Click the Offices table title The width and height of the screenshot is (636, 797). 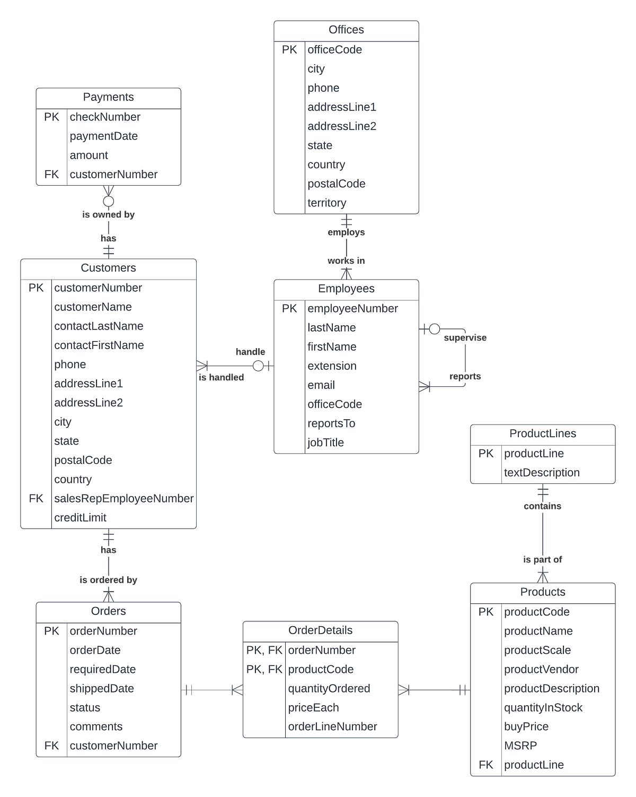coord(346,30)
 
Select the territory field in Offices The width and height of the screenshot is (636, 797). coord(326,203)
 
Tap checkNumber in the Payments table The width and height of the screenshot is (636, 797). coord(105,117)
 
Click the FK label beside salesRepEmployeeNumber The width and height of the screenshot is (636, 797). coord(36,498)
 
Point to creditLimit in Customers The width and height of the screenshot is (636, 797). coord(80,517)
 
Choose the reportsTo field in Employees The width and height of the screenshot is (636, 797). coord(331,423)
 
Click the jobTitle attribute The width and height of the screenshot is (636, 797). coord(325,443)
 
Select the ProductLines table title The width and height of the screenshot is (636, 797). coord(543,434)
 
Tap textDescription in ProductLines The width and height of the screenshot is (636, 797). coord(542,472)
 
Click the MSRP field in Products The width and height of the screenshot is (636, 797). coord(520,746)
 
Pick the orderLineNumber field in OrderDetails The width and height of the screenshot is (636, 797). coord(332,726)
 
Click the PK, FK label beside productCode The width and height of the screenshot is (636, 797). coord(264,669)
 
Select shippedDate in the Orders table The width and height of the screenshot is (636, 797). coord(102,688)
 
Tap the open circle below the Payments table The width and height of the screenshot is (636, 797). coord(108,201)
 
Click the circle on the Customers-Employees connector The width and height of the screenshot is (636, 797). coord(258,366)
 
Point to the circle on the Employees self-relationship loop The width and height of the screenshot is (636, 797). coord(434,329)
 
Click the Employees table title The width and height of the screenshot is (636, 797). coord(346,289)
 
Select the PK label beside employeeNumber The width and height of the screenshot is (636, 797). coord(289,308)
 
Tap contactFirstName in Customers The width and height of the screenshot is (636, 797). coord(99,345)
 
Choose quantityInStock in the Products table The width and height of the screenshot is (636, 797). coord(543,707)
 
